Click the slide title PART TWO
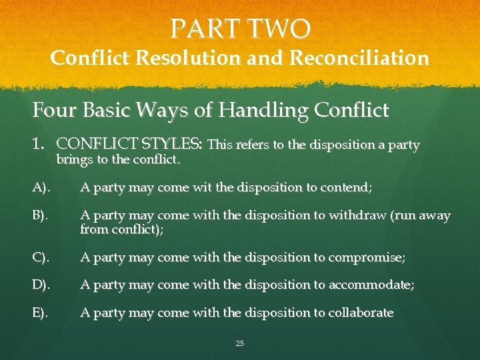240,29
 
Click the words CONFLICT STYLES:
131,144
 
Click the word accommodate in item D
371,285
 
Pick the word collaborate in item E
360,313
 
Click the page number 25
240,343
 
